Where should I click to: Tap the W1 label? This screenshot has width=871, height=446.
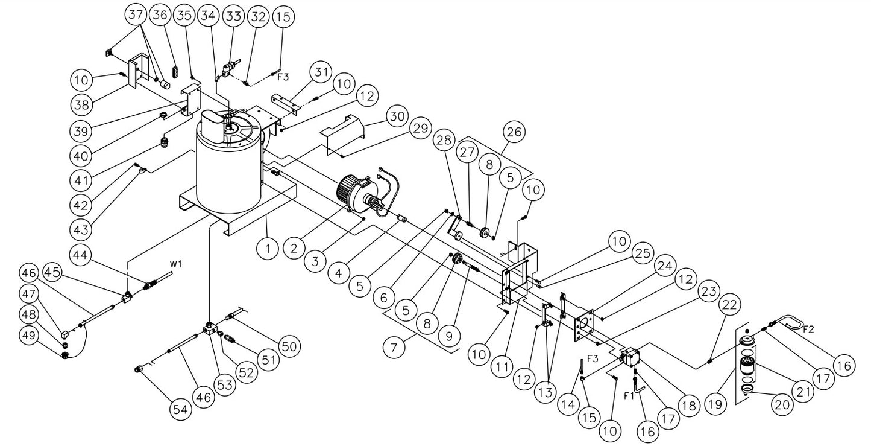click(175, 263)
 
